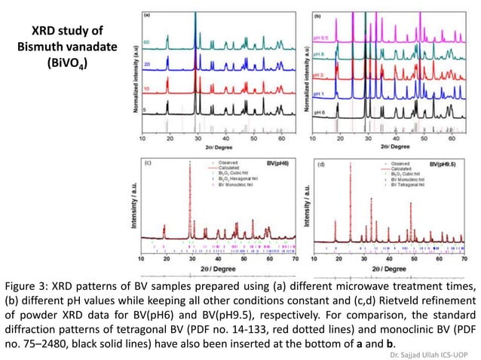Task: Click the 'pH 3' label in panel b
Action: (319, 76)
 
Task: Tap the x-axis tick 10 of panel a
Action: (143, 139)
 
